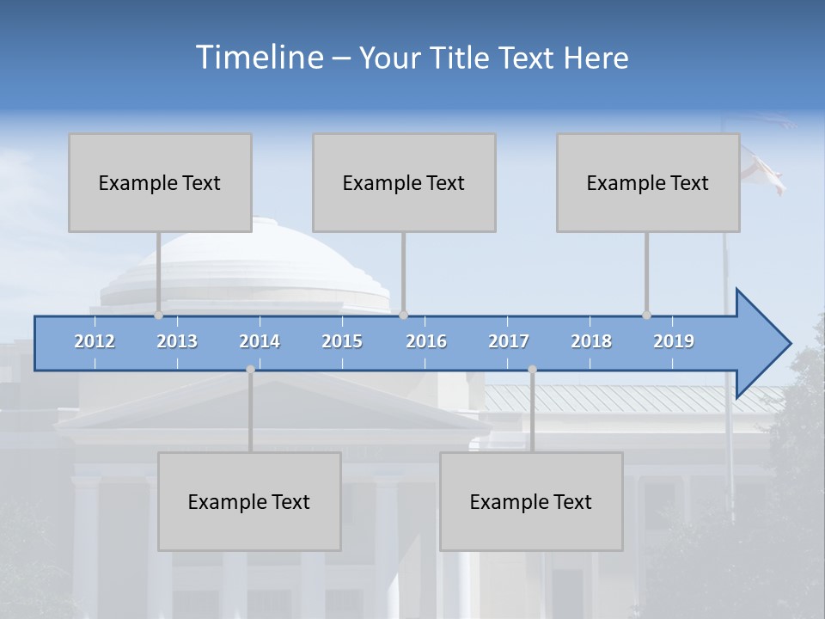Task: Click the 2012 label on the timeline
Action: click(x=95, y=341)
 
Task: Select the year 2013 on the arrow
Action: click(x=177, y=341)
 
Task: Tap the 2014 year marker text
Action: click(x=260, y=341)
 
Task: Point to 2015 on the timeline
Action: click(x=342, y=341)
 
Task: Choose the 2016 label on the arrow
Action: click(x=426, y=341)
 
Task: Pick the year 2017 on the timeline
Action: click(x=509, y=341)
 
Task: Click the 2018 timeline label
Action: click(x=591, y=341)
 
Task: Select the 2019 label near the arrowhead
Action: click(x=674, y=341)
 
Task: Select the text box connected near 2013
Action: click(x=160, y=182)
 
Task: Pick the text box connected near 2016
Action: click(x=404, y=182)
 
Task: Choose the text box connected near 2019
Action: click(x=648, y=182)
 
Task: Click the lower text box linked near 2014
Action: click(x=249, y=501)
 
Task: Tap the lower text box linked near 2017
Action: click(x=531, y=501)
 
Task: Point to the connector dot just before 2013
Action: click(x=158, y=316)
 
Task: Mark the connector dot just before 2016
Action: click(x=403, y=316)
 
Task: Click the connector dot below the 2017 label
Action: click(x=532, y=370)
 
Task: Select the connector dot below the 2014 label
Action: click(x=250, y=370)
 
